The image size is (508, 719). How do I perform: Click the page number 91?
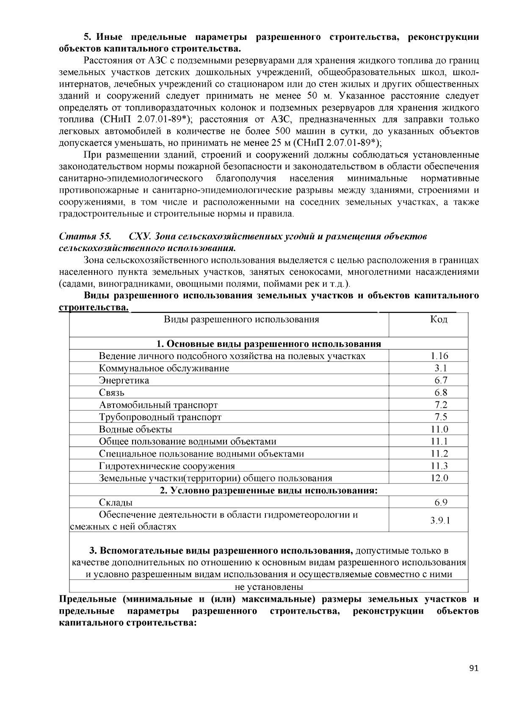pyautogui.click(x=474, y=669)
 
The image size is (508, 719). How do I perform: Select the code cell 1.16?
pyautogui.click(x=439, y=356)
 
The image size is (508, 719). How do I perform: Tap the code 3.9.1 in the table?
pyautogui.click(x=440, y=521)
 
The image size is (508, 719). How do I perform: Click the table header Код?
pyautogui.click(x=439, y=319)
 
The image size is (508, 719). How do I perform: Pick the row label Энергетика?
pyautogui.click(x=124, y=381)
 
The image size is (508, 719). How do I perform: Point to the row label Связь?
pyautogui.click(x=112, y=393)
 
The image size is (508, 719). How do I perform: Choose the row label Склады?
pyautogui.click(x=116, y=503)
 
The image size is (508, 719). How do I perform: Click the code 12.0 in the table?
pyautogui.click(x=439, y=478)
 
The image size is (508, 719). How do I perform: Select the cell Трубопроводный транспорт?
pyautogui.click(x=160, y=418)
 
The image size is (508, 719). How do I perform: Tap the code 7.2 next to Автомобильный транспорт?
pyautogui.click(x=441, y=405)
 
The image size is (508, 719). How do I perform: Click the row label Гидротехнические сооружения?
pyautogui.click(x=167, y=467)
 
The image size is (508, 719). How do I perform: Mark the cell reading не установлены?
pyautogui.click(x=269, y=587)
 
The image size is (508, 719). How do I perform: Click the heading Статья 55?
pyautogui.click(x=85, y=236)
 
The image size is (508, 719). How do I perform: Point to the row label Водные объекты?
pyautogui.click(x=135, y=430)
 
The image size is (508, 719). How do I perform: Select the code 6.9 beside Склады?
pyautogui.click(x=441, y=503)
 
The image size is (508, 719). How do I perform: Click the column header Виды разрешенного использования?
pyautogui.click(x=241, y=319)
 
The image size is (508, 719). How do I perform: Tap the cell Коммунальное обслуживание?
pyautogui.click(x=164, y=368)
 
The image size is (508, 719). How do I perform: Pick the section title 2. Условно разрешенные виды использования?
pyautogui.click(x=269, y=491)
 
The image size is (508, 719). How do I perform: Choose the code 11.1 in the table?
pyautogui.click(x=439, y=442)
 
